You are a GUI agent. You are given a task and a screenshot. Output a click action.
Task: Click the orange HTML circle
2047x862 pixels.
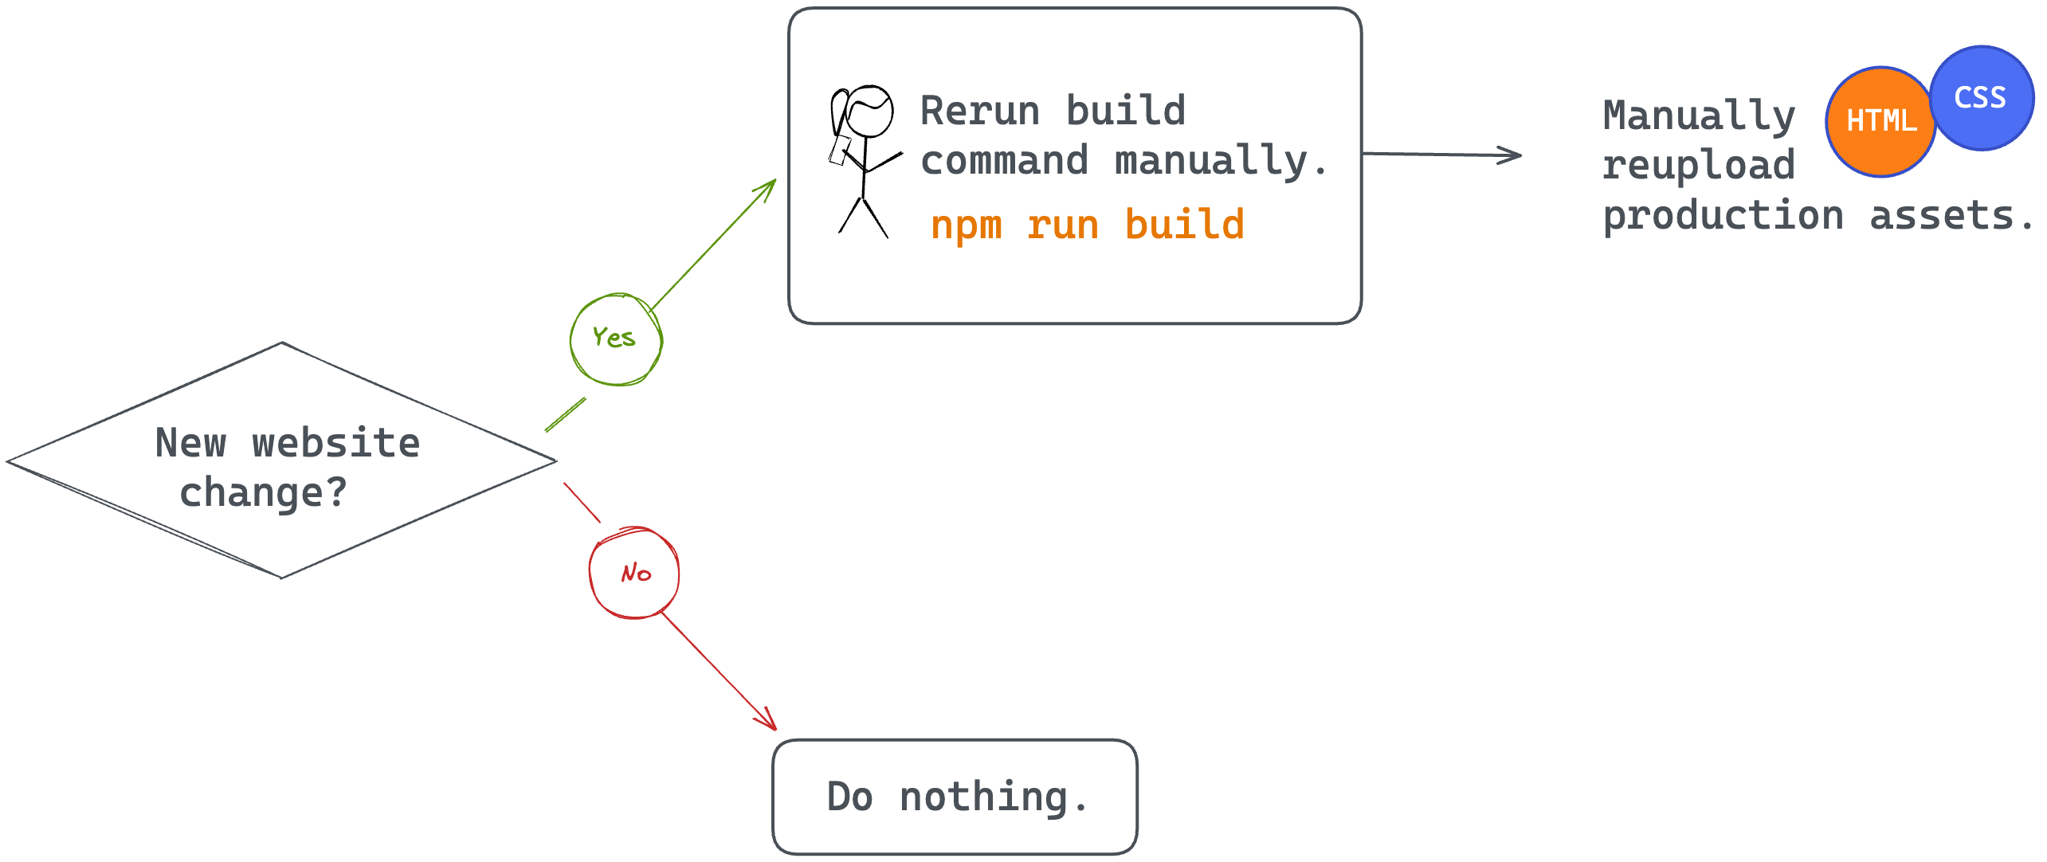click(x=1880, y=122)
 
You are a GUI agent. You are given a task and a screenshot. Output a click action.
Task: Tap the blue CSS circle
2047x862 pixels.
click(x=1982, y=98)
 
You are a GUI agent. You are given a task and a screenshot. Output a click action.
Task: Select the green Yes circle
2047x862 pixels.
click(x=616, y=339)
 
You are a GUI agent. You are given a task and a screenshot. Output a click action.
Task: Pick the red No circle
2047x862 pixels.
click(x=634, y=573)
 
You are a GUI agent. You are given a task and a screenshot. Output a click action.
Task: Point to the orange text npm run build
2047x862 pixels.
click(x=1087, y=225)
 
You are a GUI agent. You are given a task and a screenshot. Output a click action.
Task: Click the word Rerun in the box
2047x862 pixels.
click(x=980, y=111)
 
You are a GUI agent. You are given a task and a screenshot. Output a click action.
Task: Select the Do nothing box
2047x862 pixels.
click(x=955, y=797)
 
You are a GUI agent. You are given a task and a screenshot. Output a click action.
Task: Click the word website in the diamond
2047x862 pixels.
click(x=335, y=443)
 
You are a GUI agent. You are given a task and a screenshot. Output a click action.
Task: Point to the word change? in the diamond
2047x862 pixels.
click(x=263, y=492)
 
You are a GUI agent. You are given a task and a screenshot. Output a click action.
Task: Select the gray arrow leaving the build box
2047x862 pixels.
click(x=1442, y=155)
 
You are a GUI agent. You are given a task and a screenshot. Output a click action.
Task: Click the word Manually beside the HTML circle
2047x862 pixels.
click(x=1699, y=116)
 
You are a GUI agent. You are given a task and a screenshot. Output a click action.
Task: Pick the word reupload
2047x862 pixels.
click(x=1699, y=166)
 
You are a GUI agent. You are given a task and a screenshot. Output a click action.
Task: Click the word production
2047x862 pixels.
click(x=1723, y=216)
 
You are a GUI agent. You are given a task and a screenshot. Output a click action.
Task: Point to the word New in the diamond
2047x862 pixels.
click(x=190, y=443)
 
